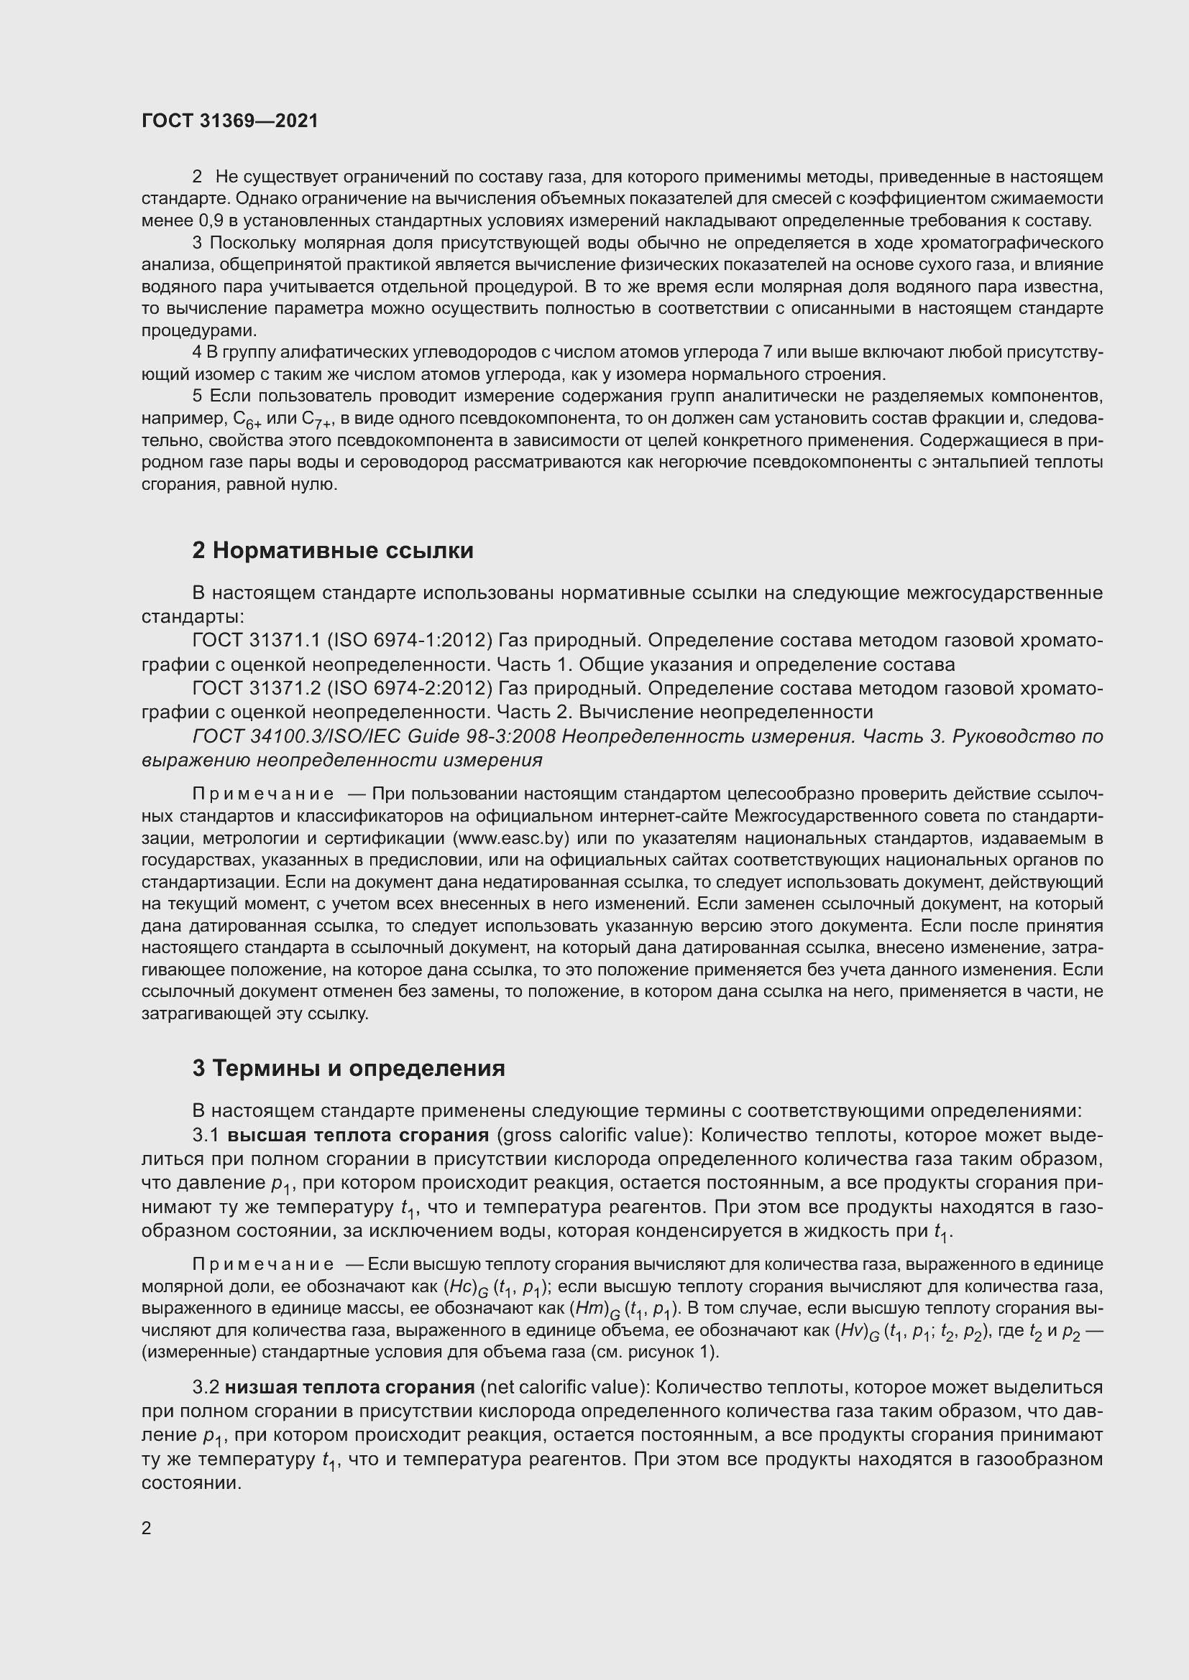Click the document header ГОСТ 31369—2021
tap(230, 121)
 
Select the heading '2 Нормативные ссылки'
tap(332, 550)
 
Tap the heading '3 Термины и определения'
tap(349, 1068)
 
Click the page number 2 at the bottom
tap(147, 1528)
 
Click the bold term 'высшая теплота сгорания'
tap(357, 1135)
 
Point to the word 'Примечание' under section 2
tap(263, 794)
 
